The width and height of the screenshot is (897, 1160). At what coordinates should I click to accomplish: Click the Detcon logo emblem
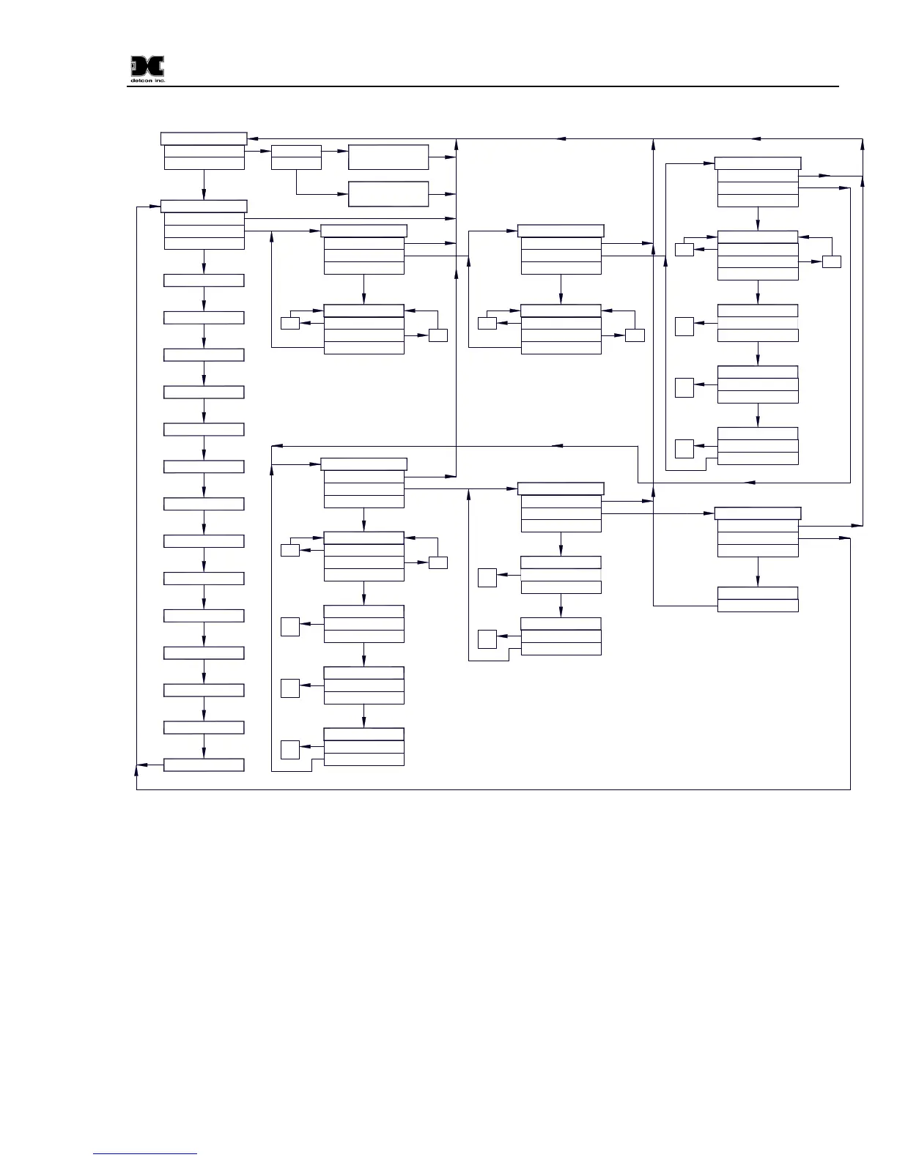click(147, 67)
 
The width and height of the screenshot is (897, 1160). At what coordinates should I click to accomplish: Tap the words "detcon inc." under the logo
click(147, 81)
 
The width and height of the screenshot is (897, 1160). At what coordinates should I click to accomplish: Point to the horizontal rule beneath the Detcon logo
click(484, 86)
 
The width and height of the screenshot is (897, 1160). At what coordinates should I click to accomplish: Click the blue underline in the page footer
click(145, 1153)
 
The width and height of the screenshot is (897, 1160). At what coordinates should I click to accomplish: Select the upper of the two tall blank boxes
click(388, 157)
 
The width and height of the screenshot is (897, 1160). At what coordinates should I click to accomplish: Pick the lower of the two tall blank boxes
click(388, 194)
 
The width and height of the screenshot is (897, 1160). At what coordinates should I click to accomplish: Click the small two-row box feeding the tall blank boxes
click(296, 157)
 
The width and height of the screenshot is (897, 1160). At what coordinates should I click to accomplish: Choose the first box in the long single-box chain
click(204, 280)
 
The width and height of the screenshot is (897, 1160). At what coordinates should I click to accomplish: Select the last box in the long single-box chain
click(204, 765)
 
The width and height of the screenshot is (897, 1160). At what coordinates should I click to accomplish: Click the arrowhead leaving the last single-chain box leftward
click(140, 765)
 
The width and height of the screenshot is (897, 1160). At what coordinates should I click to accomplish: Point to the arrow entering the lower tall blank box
click(342, 194)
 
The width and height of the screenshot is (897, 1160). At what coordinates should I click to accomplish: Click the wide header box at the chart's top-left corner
click(204, 139)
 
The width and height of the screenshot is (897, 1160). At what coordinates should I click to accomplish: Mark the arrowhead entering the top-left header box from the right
click(251, 138)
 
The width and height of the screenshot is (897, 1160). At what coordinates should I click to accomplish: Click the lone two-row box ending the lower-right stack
click(757, 599)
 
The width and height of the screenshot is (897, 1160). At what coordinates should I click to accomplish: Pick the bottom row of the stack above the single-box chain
click(204, 244)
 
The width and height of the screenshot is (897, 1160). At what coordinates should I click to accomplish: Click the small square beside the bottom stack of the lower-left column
click(290, 750)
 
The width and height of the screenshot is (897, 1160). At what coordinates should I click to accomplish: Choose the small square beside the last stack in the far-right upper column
click(684, 448)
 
